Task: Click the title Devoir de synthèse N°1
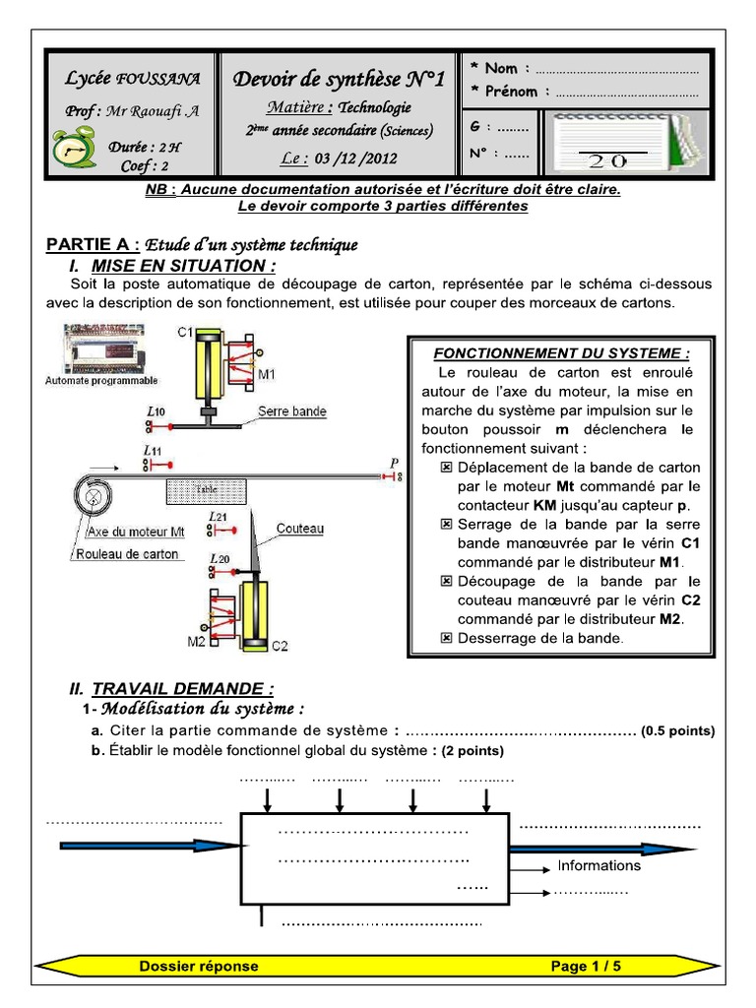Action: point(340,80)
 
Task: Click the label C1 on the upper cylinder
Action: point(185,333)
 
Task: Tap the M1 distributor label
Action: point(266,374)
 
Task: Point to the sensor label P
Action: point(394,463)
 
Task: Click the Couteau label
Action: point(299,529)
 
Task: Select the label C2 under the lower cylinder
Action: point(280,646)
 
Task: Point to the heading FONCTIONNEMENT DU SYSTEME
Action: point(562,352)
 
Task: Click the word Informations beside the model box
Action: point(598,866)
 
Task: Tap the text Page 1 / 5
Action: point(586,967)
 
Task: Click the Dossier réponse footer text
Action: point(199,967)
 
